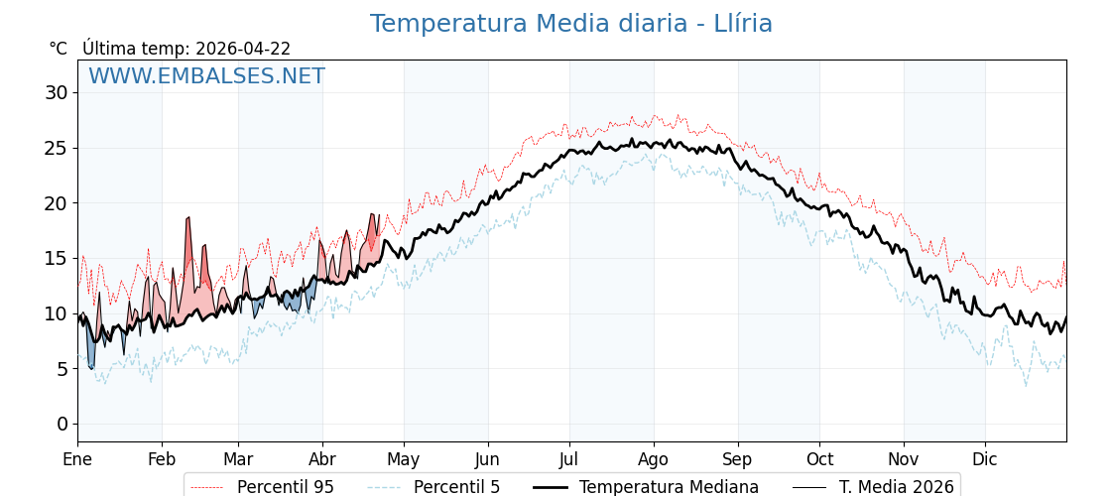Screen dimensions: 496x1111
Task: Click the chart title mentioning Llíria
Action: (570, 24)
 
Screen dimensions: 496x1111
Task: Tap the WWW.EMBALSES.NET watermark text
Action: (206, 76)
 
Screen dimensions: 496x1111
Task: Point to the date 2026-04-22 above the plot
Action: (243, 49)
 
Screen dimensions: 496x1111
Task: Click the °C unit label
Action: (58, 49)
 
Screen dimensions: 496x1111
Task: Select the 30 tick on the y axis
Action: (57, 93)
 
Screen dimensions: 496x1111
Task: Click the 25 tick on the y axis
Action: (57, 148)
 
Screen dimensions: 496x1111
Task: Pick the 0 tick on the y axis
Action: (62, 424)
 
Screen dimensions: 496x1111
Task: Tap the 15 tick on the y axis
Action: (57, 258)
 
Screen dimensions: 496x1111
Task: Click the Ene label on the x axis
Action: (77, 459)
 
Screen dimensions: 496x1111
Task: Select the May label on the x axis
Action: (404, 459)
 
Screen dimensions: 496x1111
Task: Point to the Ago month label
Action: (653, 459)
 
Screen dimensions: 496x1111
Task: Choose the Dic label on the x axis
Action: (985, 459)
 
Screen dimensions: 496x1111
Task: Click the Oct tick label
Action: (819, 459)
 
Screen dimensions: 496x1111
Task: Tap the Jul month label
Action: (569, 459)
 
